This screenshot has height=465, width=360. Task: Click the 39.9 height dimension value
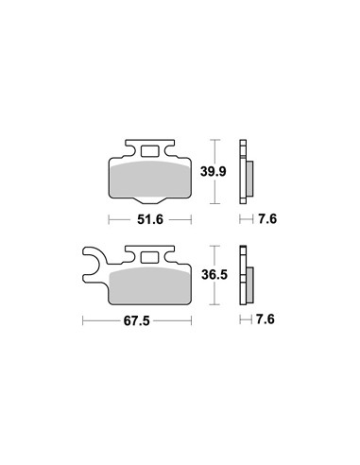coord(214,172)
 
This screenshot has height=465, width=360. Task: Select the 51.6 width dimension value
coord(150,219)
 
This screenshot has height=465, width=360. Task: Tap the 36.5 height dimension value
coord(214,275)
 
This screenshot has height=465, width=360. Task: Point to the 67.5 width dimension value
coord(137,321)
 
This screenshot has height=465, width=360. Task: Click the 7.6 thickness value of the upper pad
coord(267,219)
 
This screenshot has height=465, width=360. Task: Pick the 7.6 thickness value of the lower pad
coord(266,319)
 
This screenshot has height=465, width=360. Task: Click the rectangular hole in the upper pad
coord(149,151)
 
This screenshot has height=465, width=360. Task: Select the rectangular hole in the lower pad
coord(149,258)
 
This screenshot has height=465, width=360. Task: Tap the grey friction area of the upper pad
coord(150,180)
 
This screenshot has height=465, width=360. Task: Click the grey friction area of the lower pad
coord(149,285)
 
